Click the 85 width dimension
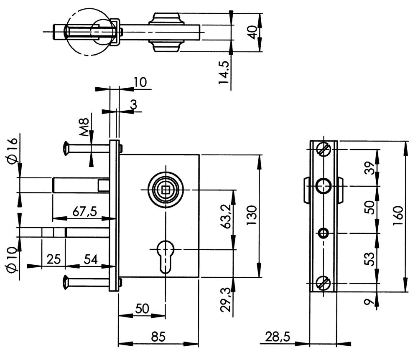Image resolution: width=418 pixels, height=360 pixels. coord(158,336)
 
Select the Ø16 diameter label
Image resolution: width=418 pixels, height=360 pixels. coord(12,150)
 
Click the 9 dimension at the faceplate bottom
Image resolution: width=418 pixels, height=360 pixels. coord(369,302)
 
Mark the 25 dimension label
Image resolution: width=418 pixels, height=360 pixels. coord(53,259)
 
